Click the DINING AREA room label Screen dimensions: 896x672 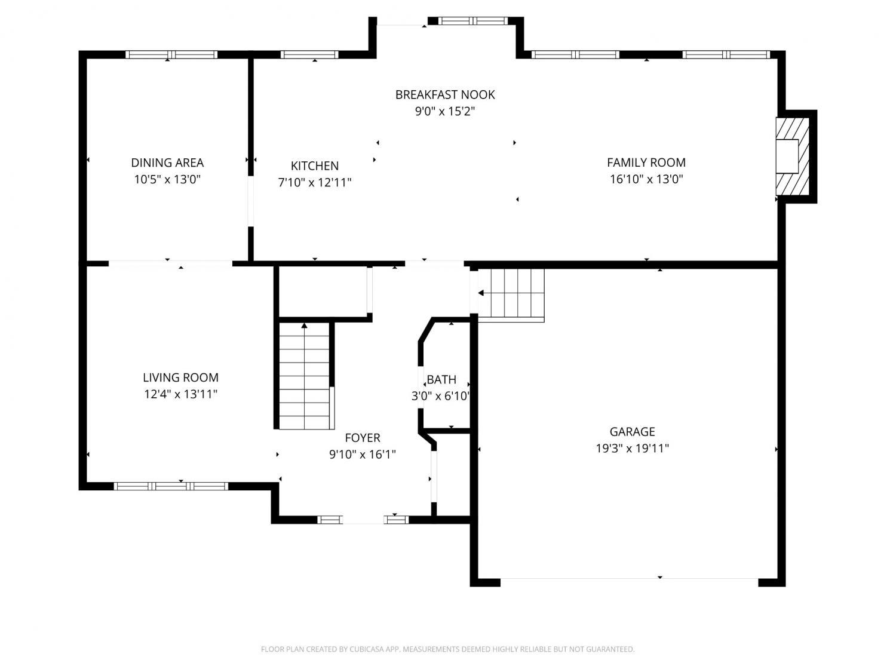tap(167, 162)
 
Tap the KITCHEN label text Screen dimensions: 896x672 tap(314, 165)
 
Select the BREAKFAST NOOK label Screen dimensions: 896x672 tap(445, 94)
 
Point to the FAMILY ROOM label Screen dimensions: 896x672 tap(646, 162)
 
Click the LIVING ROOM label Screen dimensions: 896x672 tap(180, 378)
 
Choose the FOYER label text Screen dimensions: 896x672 tap(363, 438)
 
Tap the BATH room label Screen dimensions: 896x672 tap(441, 379)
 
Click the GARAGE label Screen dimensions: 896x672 tap(632, 432)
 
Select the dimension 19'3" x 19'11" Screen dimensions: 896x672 tap(632, 449)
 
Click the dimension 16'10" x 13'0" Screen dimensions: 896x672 tap(646, 179)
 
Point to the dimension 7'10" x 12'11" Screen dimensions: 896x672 tap(314, 182)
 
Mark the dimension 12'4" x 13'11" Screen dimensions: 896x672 tap(180, 394)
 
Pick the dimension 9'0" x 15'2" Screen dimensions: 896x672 tap(445, 111)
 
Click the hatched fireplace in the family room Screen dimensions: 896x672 tap(792, 157)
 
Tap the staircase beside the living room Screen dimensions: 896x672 tap(304, 376)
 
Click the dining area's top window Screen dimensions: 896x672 tap(171, 55)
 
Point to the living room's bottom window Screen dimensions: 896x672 tap(171, 486)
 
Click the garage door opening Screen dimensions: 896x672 tap(629, 579)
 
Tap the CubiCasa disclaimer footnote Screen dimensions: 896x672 tap(447, 649)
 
